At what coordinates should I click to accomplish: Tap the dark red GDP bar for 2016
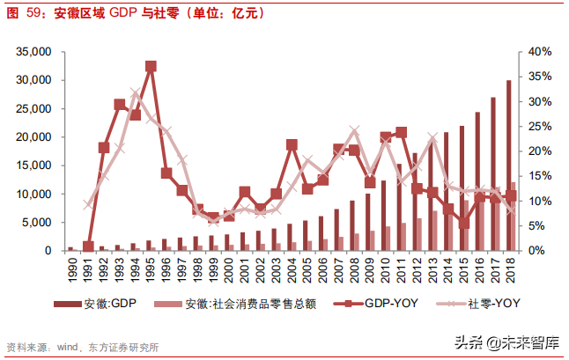click(477, 181)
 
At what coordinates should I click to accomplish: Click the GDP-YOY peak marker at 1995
click(151, 66)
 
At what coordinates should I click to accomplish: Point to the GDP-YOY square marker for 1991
click(88, 247)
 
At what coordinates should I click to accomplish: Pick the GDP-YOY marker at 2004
click(292, 144)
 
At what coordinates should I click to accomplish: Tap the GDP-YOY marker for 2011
click(401, 133)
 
